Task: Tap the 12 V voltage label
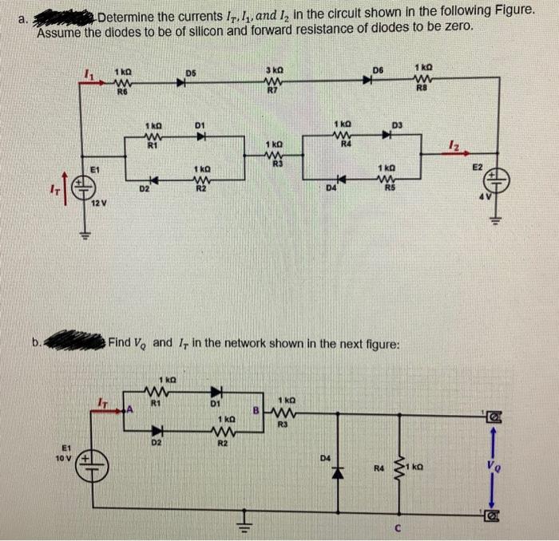pyautogui.click(x=97, y=206)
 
